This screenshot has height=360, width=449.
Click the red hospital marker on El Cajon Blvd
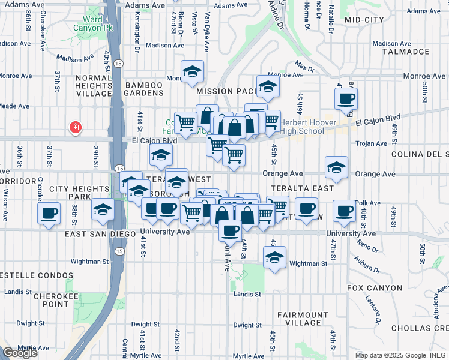[x=76, y=127]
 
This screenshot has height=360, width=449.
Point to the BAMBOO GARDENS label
[x=144, y=89]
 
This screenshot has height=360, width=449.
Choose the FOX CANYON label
[x=375, y=288]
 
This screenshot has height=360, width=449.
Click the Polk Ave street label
[x=367, y=203]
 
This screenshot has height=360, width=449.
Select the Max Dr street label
[x=305, y=64]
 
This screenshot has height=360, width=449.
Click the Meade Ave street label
[x=14, y=106]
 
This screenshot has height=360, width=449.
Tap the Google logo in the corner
[x=19, y=352]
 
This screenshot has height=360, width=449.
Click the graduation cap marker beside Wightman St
[x=274, y=257]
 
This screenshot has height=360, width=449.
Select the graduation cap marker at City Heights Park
[x=103, y=210]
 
